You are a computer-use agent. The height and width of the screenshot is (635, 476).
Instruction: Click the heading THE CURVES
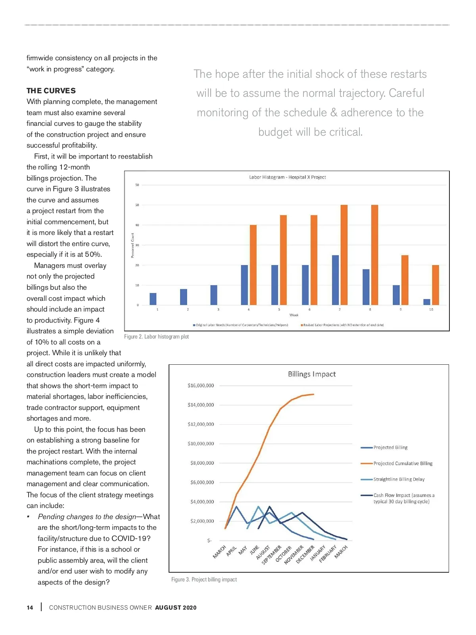[x=51, y=90]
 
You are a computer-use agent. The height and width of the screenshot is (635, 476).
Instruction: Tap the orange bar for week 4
[x=253, y=265]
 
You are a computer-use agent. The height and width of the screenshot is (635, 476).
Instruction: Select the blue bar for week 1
[x=153, y=299]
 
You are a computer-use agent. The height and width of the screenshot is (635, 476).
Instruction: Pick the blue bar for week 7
[x=335, y=280]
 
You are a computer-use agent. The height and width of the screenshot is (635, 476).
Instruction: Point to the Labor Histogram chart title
[x=287, y=177]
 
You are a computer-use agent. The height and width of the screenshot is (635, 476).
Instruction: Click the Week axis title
[x=294, y=315]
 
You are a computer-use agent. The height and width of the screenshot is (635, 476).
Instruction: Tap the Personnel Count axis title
[x=133, y=245]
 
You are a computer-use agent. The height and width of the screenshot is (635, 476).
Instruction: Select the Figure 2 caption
[x=156, y=337]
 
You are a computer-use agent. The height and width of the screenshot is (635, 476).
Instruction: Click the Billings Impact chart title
[x=312, y=374]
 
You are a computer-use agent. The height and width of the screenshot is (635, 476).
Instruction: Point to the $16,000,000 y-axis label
[x=201, y=385]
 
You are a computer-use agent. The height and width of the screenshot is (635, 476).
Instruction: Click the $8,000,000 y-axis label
[x=202, y=463]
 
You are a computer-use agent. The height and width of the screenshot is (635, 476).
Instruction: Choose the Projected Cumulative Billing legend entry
[x=403, y=464]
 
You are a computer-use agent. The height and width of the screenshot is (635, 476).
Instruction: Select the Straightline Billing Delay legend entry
[x=399, y=479]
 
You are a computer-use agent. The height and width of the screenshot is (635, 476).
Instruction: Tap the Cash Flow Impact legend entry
[x=403, y=498]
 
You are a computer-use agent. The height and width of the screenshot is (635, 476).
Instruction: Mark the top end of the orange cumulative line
[x=314, y=394]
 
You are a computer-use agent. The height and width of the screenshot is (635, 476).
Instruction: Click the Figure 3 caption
[x=204, y=579]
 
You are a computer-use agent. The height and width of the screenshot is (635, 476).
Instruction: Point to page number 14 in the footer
[x=30, y=608]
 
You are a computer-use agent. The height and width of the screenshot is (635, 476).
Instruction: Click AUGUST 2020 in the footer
[x=176, y=608]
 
